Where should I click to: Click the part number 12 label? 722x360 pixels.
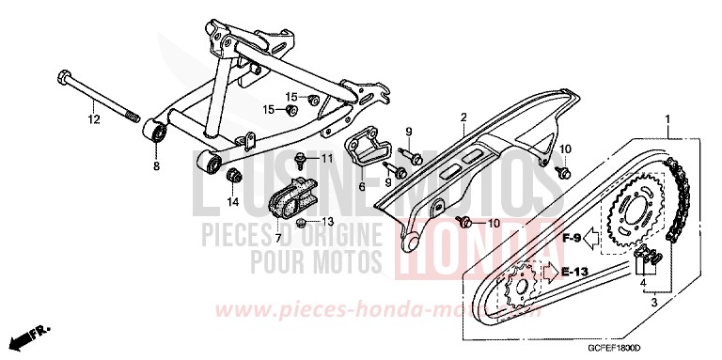tap(93, 119)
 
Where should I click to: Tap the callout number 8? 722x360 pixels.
tap(156, 166)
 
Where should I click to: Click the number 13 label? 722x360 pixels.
tap(329, 222)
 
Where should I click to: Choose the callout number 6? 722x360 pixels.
tap(361, 187)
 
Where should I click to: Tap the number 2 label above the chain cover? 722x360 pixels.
tap(463, 117)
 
